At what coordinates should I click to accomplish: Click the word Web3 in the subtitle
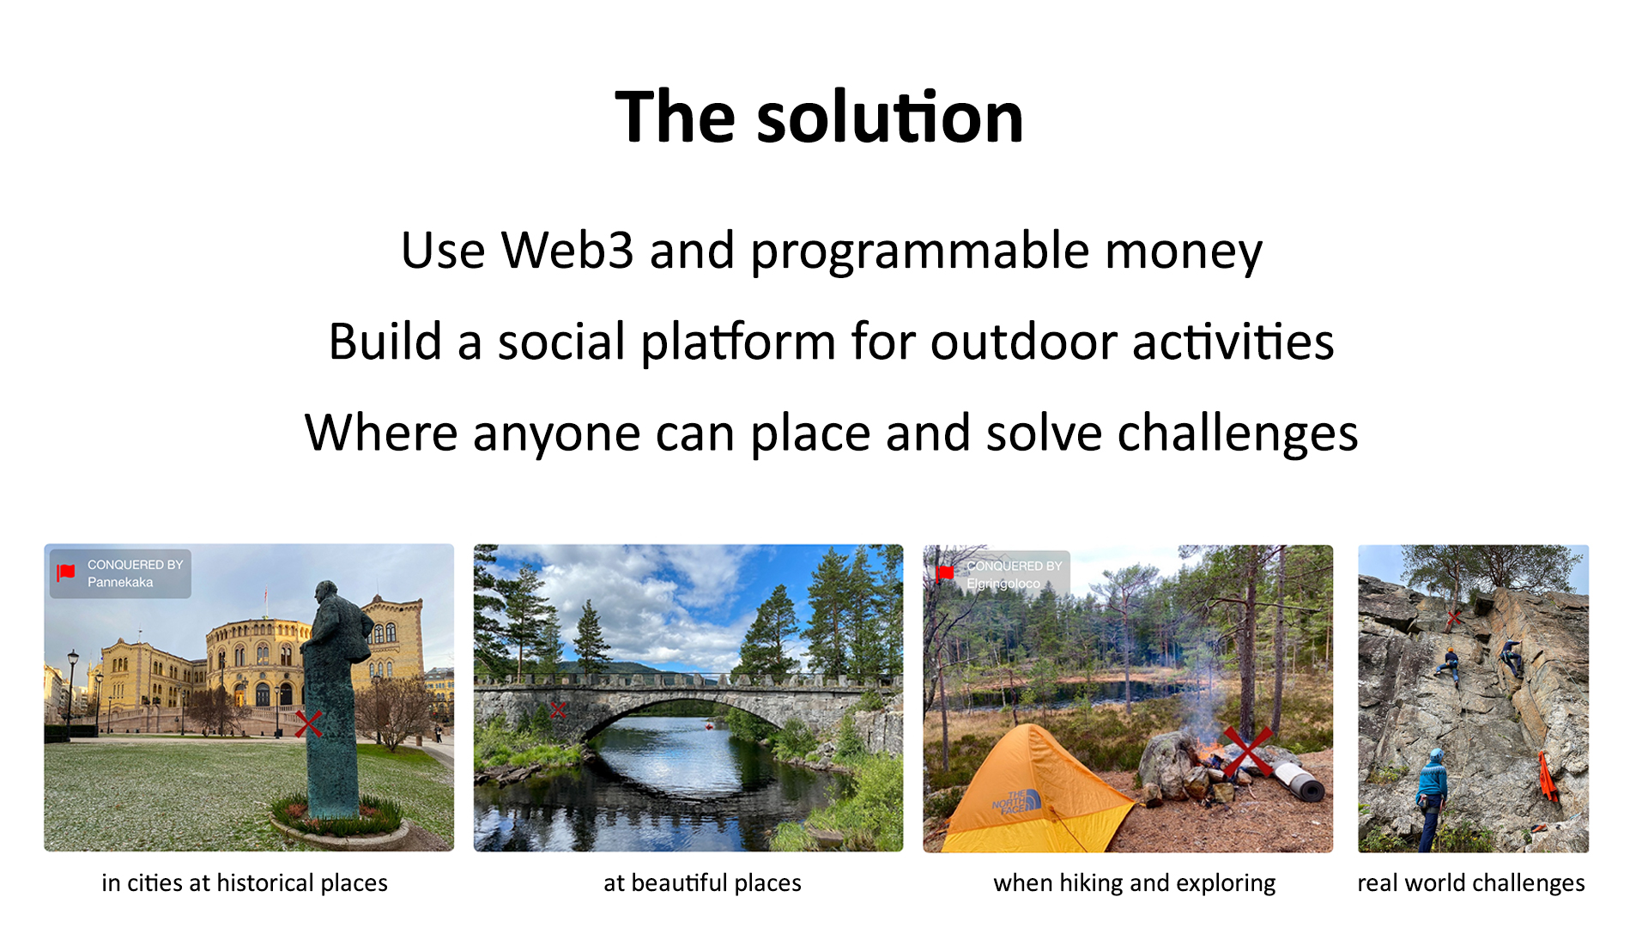tap(567, 251)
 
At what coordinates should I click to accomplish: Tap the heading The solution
tap(820, 117)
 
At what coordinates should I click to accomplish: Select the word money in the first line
tap(1184, 252)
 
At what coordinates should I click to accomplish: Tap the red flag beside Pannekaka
tap(66, 573)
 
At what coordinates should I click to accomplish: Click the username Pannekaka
tap(120, 582)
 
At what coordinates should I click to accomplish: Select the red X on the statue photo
tap(308, 724)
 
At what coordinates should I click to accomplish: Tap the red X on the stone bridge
tap(559, 710)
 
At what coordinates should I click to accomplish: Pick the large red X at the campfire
tap(1247, 752)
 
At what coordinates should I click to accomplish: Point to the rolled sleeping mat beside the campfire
tap(1299, 779)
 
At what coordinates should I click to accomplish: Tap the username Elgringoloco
tap(1003, 584)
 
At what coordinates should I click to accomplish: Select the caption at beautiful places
tap(702, 883)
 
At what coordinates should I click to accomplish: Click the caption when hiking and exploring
tap(1135, 883)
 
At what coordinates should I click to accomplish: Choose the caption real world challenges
tap(1471, 883)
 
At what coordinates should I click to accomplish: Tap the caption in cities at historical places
tap(245, 883)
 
